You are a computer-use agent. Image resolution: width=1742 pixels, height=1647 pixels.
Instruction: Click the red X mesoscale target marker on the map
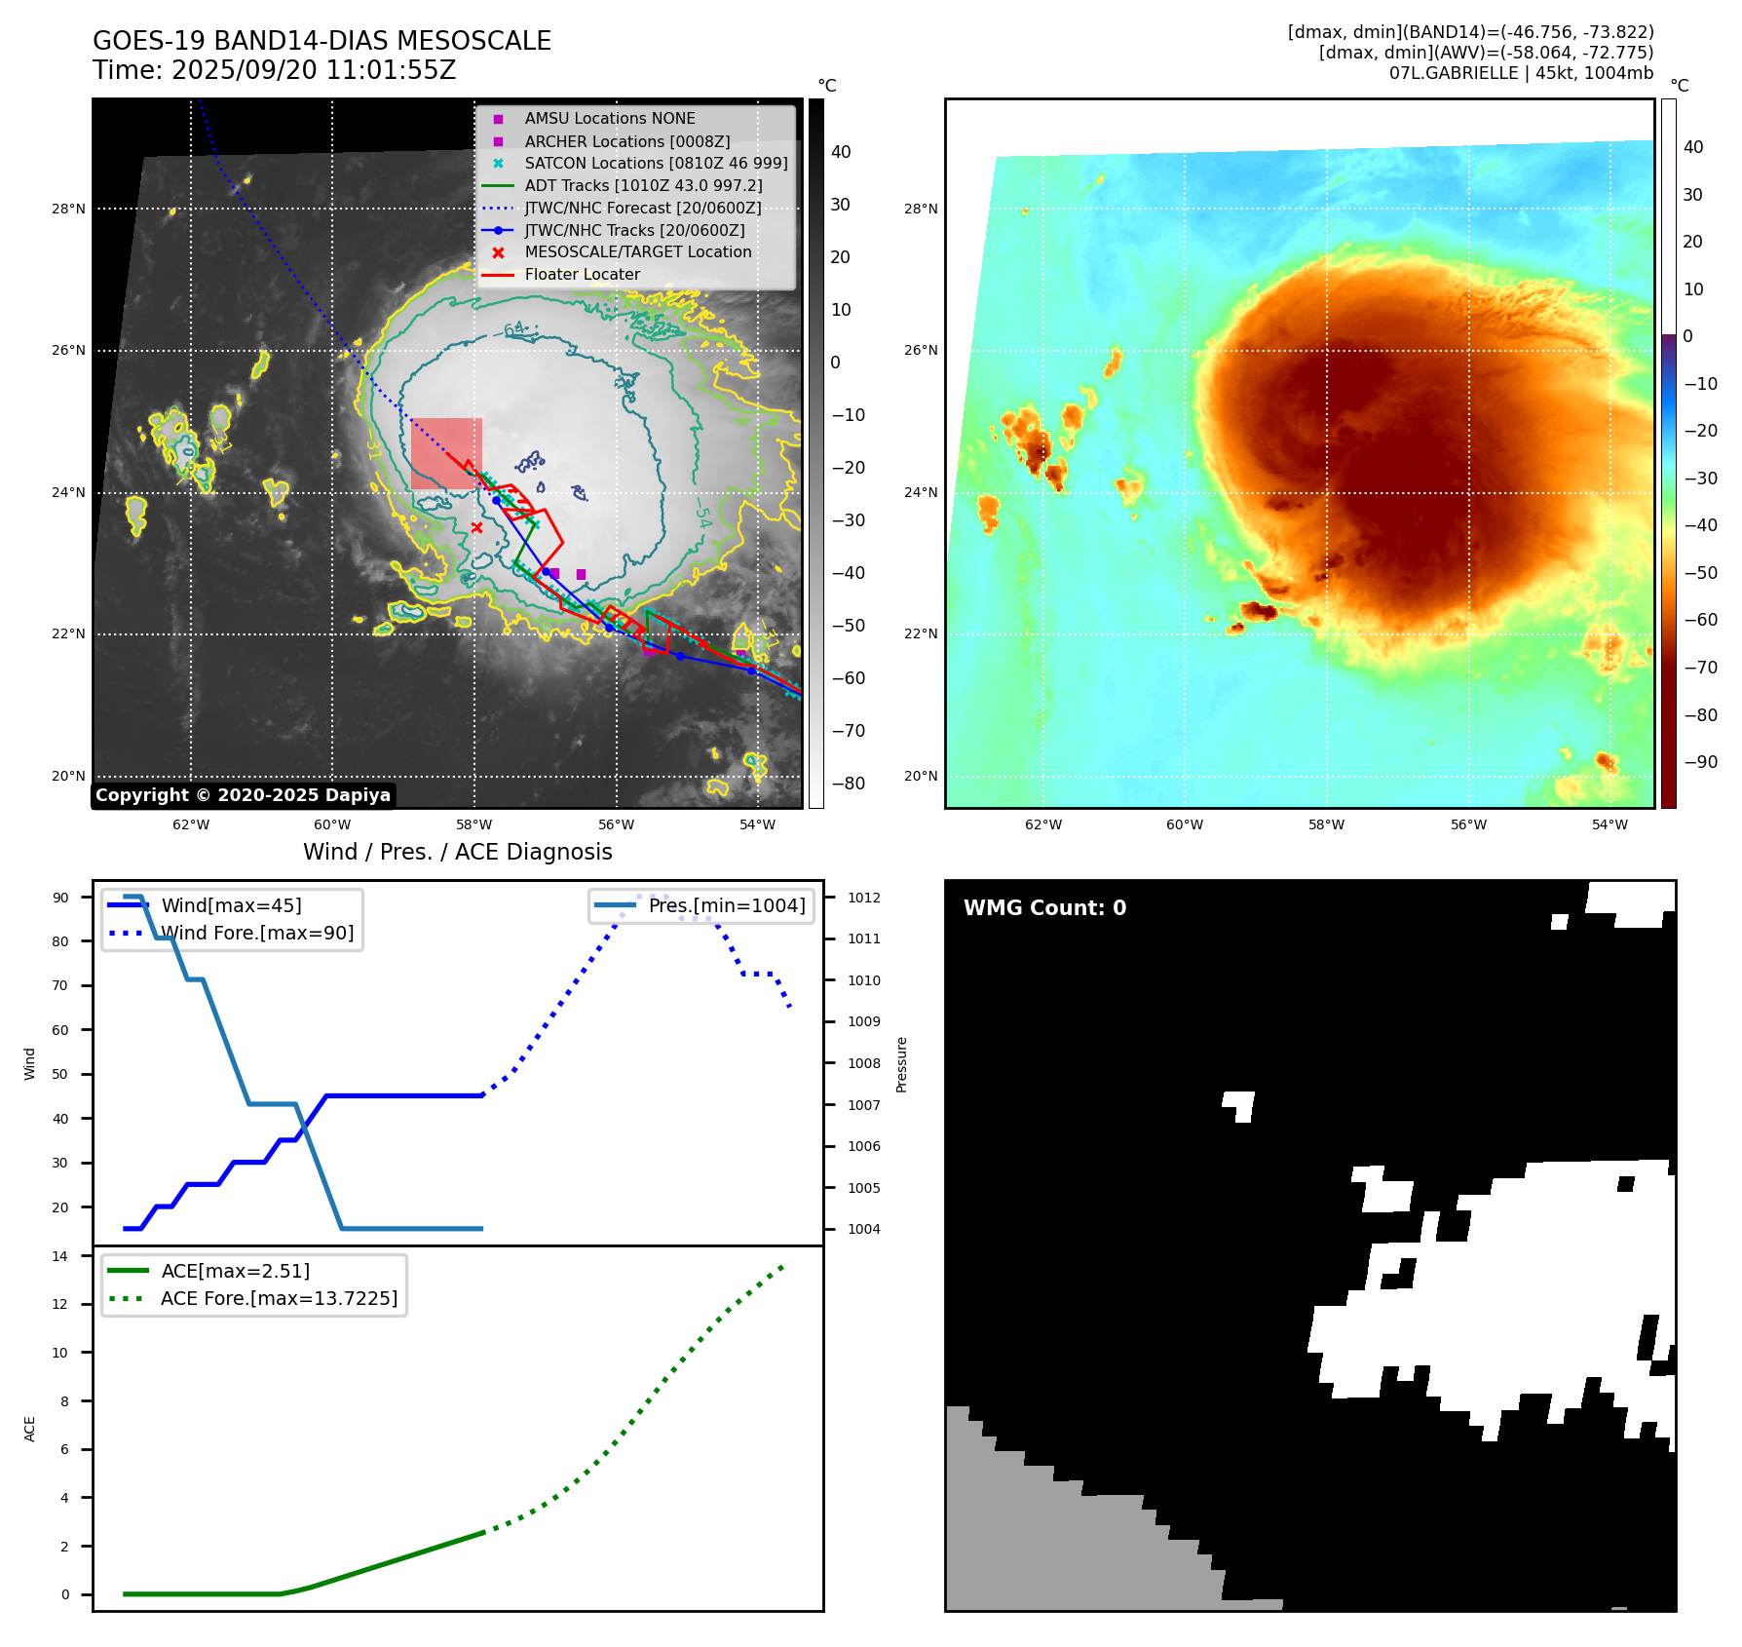(x=476, y=527)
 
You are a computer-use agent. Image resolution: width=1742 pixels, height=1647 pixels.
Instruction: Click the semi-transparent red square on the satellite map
(x=446, y=453)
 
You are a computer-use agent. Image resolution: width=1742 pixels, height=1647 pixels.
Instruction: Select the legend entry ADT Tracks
(x=643, y=185)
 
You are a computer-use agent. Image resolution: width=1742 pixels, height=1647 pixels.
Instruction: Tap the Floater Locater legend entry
(x=582, y=275)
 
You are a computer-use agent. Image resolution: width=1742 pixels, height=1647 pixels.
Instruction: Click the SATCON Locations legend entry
(x=656, y=163)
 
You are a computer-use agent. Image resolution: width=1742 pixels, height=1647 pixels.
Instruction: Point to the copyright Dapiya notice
(x=243, y=795)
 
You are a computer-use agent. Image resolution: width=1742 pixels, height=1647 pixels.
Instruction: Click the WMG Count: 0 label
(x=1044, y=908)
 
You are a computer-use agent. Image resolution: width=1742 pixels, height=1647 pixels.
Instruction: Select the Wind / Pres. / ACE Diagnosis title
(x=458, y=852)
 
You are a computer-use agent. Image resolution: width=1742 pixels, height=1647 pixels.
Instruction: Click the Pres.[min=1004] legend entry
(x=727, y=905)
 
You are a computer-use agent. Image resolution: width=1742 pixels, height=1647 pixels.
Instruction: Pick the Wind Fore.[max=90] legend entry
(x=257, y=933)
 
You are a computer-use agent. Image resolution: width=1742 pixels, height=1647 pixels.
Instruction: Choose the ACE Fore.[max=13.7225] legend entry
(x=279, y=1298)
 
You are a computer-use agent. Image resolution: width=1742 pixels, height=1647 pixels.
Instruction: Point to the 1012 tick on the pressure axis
(x=863, y=898)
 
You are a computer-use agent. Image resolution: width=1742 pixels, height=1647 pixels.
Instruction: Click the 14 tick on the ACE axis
(x=60, y=1256)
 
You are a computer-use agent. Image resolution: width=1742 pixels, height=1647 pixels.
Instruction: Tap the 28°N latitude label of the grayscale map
(x=68, y=209)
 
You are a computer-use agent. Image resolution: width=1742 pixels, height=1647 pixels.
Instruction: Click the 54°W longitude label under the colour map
(x=1609, y=824)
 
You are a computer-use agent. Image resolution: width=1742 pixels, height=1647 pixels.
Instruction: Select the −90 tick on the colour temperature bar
(x=1700, y=762)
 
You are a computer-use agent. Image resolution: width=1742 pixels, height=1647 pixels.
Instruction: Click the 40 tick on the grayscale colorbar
(x=840, y=152)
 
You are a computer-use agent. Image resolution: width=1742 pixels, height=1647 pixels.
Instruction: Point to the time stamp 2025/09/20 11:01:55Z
(x=313, y=70)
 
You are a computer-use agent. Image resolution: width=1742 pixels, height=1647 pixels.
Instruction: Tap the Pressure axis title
(x=901, y=1064)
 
